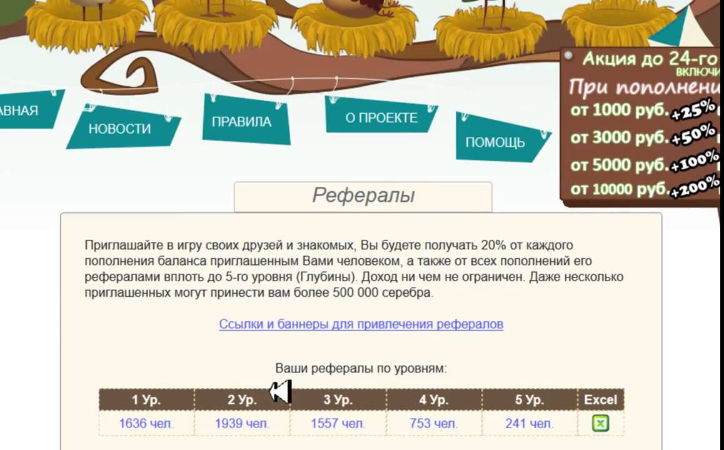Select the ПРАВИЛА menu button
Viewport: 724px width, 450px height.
pyautogui.click(x=246, y=121)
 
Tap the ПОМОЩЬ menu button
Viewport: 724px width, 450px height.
pyautogui.click(x=499, y=139)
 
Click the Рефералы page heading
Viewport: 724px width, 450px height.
pyautogui.click(x=363, y=195)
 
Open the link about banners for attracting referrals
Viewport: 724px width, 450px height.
pyautogui.click(x=361, y=324)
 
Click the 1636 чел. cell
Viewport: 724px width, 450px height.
pyautogui.click(x=146, y=423)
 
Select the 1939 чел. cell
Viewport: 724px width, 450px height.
pyautogui.click(x=242, y=423)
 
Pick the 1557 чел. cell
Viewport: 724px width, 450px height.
pyautogui.click(x=338, y=423)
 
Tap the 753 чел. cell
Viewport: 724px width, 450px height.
pyautogui.click(x=433, y=423)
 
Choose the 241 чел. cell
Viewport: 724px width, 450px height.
pyautogui.click(x=529, y=423)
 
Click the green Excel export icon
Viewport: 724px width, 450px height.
pyautogui.click(x=600, y=423)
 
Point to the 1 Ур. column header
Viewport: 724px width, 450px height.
pyautogui.click(x=146, y=400)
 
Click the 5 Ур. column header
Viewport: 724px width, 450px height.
pyautogui.click(x=530, y=400)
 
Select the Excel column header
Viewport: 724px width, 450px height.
pyautogui.click(x=600, y=400)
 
